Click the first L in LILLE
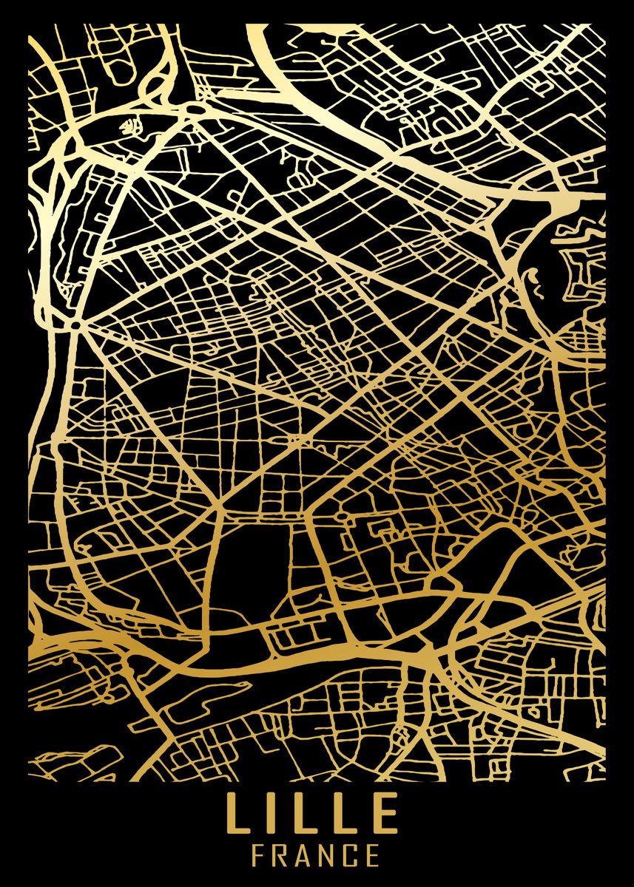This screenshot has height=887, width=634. point(237,813)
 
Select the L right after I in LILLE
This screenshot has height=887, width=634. point(305,813)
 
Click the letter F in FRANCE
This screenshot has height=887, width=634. point(258,856)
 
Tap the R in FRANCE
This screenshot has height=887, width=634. point(282,856)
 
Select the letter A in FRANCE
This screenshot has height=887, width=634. point(306,856)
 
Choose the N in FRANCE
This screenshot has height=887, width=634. point(331,856)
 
